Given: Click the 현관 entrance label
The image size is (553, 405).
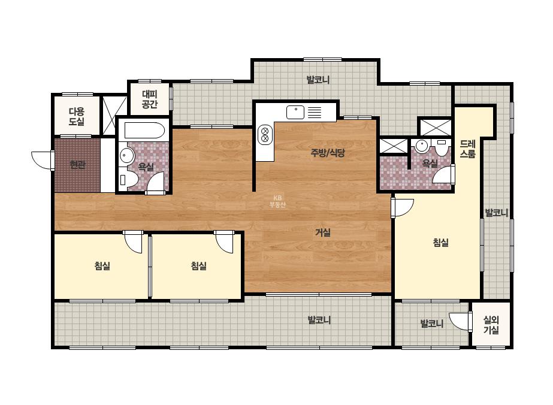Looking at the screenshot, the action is pos(78,165).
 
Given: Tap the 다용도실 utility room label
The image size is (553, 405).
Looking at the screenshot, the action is pos(77,117).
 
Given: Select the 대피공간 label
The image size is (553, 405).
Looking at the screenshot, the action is pos(150,99).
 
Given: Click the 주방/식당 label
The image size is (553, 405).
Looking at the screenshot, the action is pos(328,153).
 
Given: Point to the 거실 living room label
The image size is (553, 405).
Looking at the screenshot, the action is pos(323,232).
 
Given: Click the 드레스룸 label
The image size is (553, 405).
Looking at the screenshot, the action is pos(468,149).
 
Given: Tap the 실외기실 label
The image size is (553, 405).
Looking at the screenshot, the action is pos(491,325).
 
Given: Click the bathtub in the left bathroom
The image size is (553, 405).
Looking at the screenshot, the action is pos(144,131).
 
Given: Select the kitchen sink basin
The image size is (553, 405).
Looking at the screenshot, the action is pos(295,113).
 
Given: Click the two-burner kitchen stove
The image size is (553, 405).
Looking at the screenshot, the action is pos(265,135).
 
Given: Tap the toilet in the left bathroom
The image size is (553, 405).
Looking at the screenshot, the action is pos(126,180).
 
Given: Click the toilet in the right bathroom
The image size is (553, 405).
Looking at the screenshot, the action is pos(442,148).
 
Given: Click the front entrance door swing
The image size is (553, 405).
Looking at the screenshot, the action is pos(43,160).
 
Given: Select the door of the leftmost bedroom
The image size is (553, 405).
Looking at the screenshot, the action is pos(133,241).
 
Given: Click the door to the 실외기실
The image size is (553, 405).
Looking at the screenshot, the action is pos(461,321).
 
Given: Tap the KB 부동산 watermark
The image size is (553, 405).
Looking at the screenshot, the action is pos(277,201).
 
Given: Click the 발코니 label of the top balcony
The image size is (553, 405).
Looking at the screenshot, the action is pos(318,80).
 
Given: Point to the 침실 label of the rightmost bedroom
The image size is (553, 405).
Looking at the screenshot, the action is pos(441,243).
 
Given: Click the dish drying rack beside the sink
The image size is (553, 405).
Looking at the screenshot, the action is pos(315,113).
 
